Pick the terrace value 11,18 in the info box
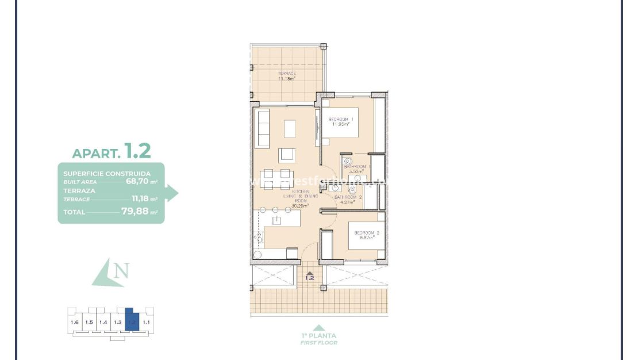[x=140, y=199]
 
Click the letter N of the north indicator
[x=121, y=270]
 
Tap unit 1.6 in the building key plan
[x=74, y=323]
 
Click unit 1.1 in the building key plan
[x=146, y=323]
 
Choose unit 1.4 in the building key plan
[x=103, y=323]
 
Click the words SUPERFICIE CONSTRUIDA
[x=107, y=173]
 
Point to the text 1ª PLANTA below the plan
[x=318, y=336]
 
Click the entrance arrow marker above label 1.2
[x=310, y=273]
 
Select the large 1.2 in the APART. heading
[x=138, y=151]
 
